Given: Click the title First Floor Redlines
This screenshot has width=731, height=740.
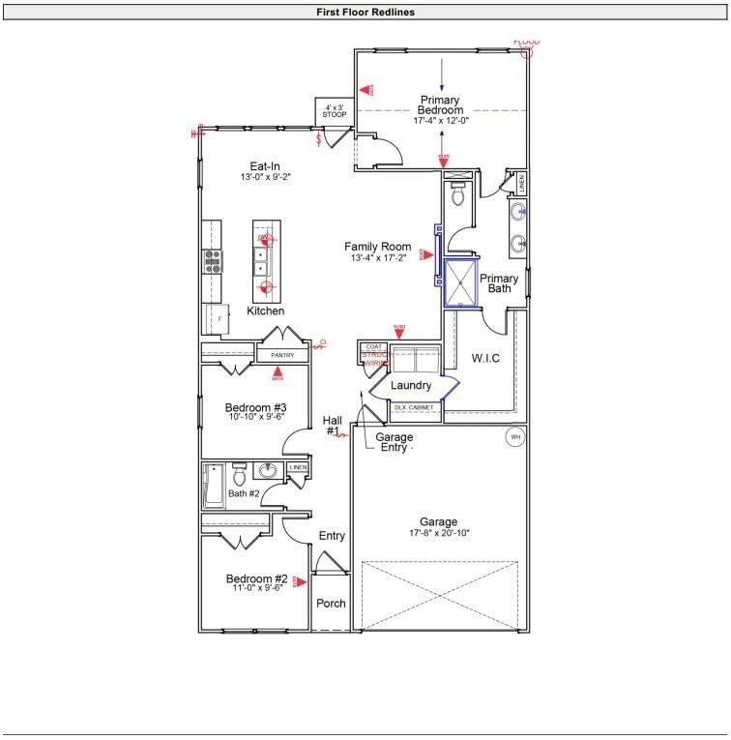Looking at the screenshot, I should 365,13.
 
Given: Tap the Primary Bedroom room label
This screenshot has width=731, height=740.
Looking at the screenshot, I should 440,105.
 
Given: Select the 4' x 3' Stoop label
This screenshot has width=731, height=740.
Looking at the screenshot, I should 335,111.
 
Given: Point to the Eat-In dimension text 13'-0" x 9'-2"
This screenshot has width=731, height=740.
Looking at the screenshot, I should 265,178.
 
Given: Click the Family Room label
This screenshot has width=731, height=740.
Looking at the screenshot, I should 377,247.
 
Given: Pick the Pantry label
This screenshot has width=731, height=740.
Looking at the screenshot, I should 282,356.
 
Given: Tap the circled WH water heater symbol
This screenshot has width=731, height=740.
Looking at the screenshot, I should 514,437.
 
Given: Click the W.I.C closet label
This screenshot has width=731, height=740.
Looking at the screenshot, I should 485,359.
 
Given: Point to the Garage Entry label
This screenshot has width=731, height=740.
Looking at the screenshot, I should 394,442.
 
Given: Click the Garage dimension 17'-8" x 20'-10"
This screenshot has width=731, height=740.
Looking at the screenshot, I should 438,533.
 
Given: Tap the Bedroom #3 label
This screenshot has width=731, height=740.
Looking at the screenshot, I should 256,407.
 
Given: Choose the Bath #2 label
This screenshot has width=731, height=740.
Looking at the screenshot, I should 244,494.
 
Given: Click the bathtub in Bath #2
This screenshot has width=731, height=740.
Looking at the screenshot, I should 214,486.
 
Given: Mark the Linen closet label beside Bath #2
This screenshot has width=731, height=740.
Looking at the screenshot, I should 298,468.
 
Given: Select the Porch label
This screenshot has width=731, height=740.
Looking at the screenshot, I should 331,604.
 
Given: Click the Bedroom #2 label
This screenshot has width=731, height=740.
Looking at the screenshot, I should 256,578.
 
